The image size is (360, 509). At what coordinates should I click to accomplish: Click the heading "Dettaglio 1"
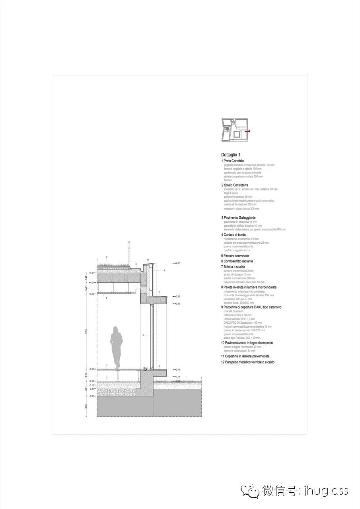(x=231, y=155)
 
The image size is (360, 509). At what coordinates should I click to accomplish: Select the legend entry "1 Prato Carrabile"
(x=233, y=161)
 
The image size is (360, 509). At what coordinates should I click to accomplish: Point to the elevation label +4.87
(x=177, y=263)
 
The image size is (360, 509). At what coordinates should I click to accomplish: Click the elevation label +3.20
(x=177, y=303)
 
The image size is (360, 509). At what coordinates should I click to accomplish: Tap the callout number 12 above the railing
(x=129, y=242)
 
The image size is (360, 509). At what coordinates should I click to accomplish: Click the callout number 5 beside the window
(x=143, y=336)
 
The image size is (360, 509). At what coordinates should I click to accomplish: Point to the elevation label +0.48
(x=177, y=369)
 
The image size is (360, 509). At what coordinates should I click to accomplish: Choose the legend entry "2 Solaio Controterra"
(x=235, y=185)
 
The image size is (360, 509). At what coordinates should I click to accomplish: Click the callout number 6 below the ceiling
(x=107, y=297)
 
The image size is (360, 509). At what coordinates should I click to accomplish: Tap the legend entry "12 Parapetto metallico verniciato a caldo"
(x=248, y=362)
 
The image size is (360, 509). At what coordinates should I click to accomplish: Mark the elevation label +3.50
(x=177, y=296)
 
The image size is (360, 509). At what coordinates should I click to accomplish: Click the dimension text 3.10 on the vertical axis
(x=86, y=331)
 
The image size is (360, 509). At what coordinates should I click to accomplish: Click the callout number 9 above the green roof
(x=107, y=257)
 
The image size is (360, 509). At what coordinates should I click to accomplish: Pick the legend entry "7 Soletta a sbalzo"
(x=233, y=266)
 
